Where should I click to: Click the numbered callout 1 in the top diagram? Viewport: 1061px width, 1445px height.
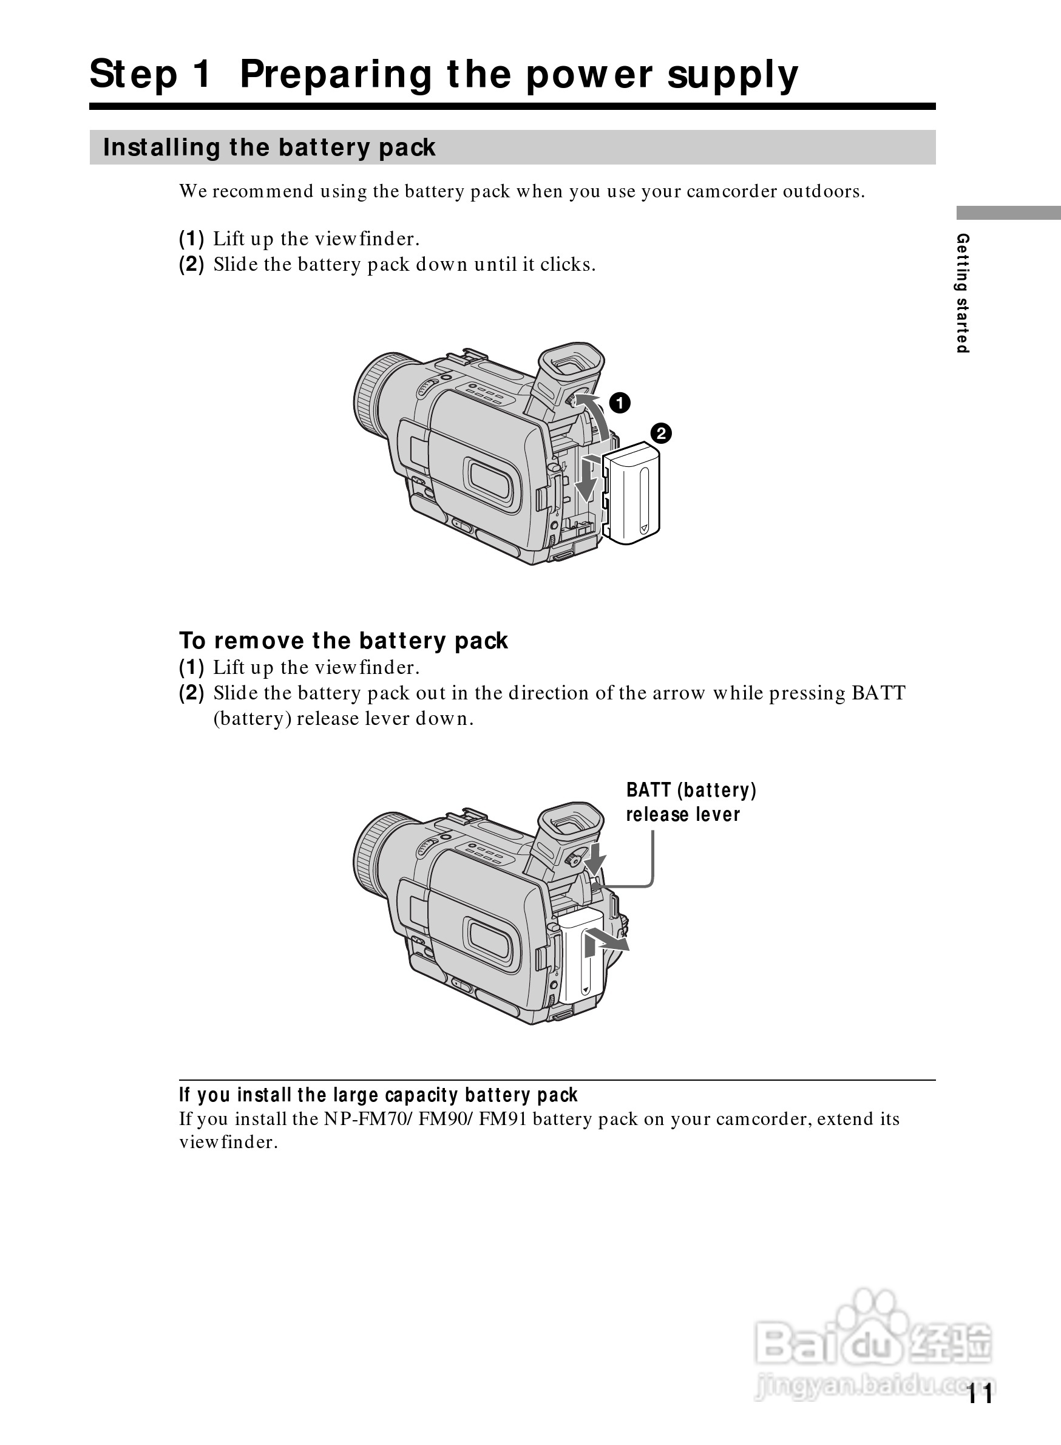tap(619, 403)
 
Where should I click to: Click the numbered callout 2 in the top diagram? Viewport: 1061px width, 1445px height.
tap(660, 433)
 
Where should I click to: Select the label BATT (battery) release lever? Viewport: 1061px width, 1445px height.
tap(690, 802)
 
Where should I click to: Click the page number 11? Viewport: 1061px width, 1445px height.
tap(980, 1393)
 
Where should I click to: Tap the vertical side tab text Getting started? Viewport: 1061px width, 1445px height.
tap(962, 293)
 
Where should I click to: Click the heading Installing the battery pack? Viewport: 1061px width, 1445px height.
tap(269, 148)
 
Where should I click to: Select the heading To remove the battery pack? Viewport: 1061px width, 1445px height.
tap(343, 641)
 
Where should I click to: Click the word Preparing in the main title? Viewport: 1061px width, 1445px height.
tap(334, 75)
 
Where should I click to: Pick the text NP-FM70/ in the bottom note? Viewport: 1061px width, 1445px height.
tap(368, 1118)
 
